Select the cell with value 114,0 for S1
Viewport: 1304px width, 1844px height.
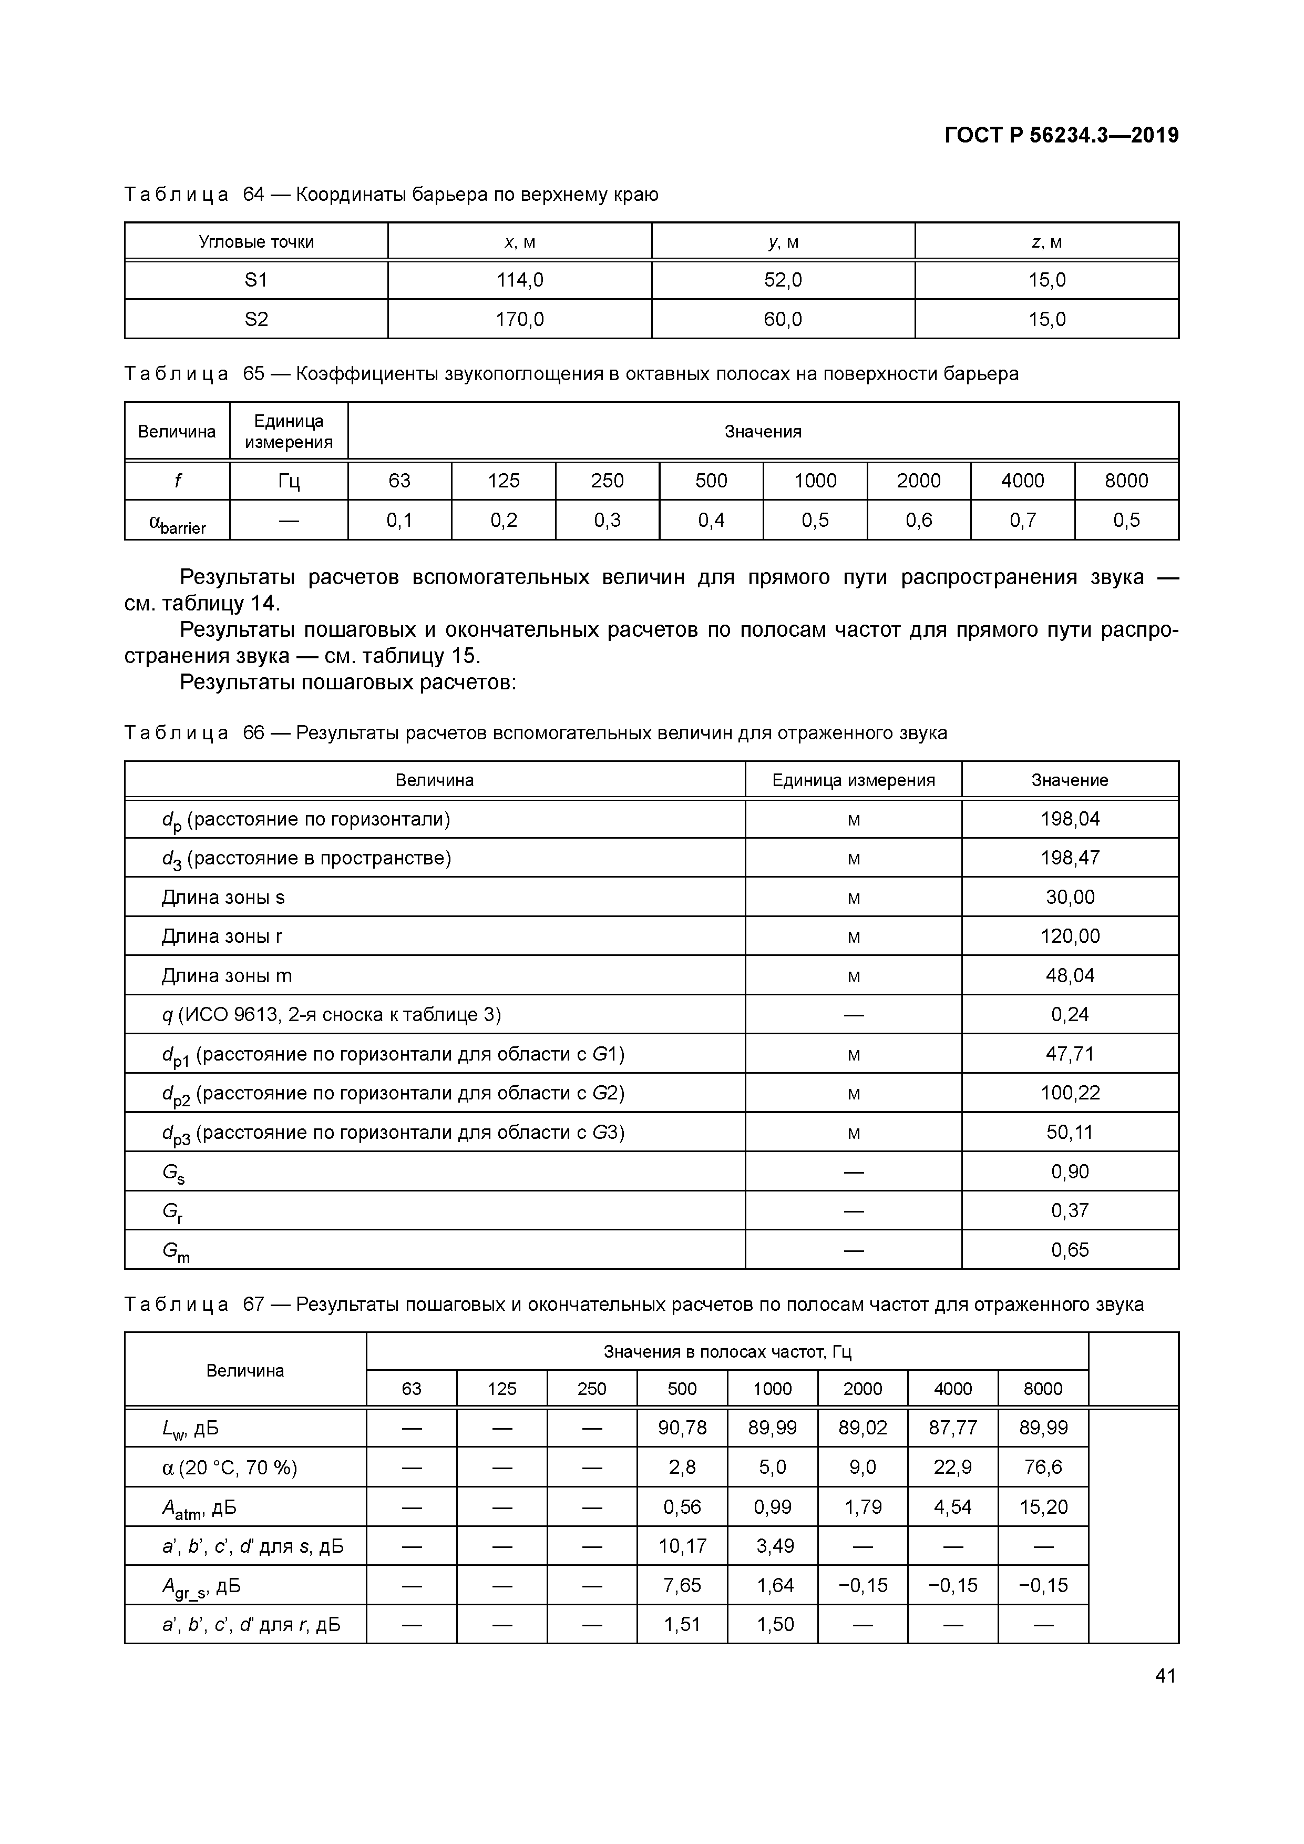(519, 280)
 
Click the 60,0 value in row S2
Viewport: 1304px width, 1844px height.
(783, 320)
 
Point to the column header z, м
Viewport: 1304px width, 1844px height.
(1046, 242)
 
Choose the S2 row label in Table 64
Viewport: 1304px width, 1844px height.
(256, 320)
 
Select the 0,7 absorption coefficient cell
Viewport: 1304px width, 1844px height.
(1022, 521)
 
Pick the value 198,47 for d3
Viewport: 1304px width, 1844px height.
(1070, 858)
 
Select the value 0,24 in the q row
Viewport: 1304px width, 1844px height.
(1070, 1014)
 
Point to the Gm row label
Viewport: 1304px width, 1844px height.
(176, 1250)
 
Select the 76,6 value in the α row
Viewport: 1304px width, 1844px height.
(1042, 1468)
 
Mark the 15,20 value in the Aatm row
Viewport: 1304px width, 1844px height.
(1042, 1506)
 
